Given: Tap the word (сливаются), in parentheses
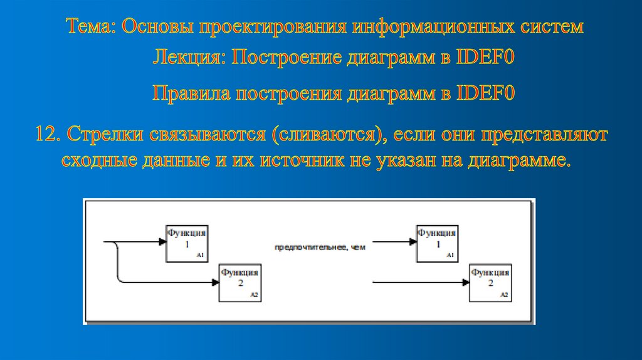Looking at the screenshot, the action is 325,135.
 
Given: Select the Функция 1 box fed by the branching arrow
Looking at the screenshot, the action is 186,243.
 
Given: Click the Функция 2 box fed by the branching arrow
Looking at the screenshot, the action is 239,282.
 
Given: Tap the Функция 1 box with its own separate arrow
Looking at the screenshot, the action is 437,243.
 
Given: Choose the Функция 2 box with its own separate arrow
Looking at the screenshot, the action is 490,282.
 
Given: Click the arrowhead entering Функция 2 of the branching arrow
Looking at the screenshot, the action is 215,282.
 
